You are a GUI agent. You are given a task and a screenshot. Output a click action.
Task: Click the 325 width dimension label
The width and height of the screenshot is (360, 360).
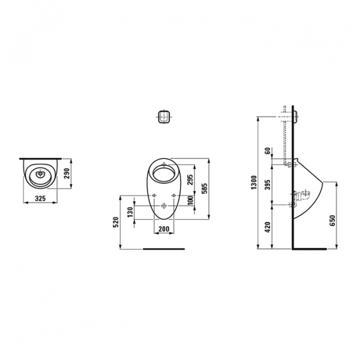coord(39,197)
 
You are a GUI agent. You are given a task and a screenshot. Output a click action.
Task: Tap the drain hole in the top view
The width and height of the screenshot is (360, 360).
coord(42,175)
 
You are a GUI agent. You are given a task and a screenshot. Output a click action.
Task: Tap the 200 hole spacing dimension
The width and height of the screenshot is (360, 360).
coord(162,229)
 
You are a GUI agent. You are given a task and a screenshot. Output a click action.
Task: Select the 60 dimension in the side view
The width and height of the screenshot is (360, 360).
coord(268,151)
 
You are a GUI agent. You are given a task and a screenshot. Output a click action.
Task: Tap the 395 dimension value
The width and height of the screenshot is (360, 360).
coord(268,185)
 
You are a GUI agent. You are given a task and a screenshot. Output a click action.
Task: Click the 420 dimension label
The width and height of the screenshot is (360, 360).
coord(268,227)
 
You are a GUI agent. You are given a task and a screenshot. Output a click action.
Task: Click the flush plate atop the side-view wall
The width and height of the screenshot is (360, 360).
coord(295,115)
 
